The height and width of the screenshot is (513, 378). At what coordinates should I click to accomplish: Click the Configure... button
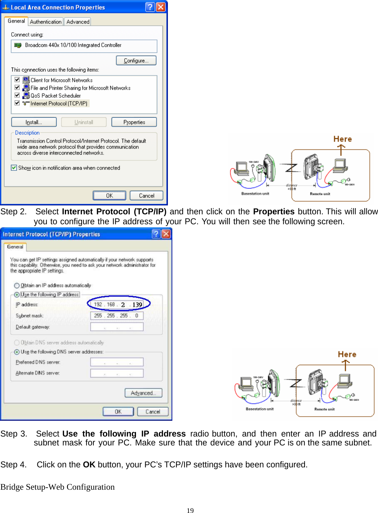click(x=136, y=61)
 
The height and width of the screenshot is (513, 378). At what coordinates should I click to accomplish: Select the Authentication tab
click(x=45, y=22)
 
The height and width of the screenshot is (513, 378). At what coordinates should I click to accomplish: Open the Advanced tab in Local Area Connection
click(x=78, y=22)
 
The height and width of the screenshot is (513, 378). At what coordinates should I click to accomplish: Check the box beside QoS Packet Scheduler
click(x=17, y=95)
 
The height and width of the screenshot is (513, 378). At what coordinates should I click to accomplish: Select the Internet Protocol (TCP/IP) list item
click(x=59, y=104)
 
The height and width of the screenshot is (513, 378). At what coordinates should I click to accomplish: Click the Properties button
click(x=134, y=122)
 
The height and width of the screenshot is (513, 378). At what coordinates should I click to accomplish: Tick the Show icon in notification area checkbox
click(x=14, y=168)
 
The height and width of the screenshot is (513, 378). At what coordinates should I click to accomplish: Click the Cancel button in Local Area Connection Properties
click(x=146, y=195)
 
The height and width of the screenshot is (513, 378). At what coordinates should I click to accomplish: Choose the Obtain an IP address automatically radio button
click(x=17, y=286)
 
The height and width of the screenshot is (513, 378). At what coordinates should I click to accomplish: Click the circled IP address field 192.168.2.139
click(x=117, y=305)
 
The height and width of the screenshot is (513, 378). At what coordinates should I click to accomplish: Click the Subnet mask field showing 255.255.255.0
click(x=117, y=316)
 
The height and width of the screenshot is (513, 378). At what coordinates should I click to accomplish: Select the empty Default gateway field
click(x=117, y=327)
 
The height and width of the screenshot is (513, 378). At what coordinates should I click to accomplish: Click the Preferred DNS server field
click(x=117, y=362)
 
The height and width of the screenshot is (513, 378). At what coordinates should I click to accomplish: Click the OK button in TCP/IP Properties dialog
click(x=118, y=411)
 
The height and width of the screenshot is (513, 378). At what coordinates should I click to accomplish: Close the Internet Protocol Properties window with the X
click(x=166, y=234)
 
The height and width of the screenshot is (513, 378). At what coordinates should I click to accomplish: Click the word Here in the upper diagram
click(x=342, y=139)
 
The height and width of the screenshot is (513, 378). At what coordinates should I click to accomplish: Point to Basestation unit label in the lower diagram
click(x=260, y=409)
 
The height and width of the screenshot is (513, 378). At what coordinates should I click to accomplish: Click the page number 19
click(x=190, y=510)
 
